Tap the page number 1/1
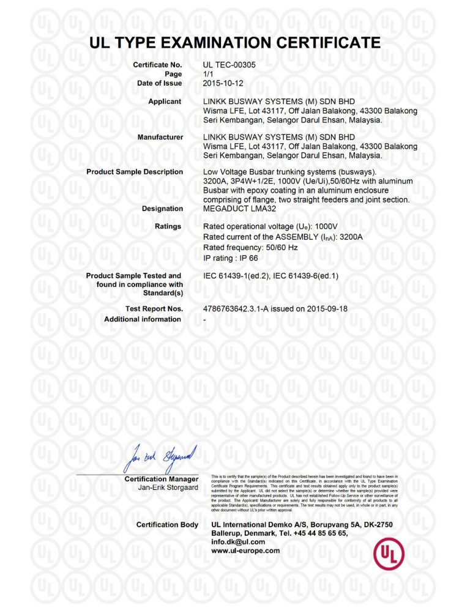208,73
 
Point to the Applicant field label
165,102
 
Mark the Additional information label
143,319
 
